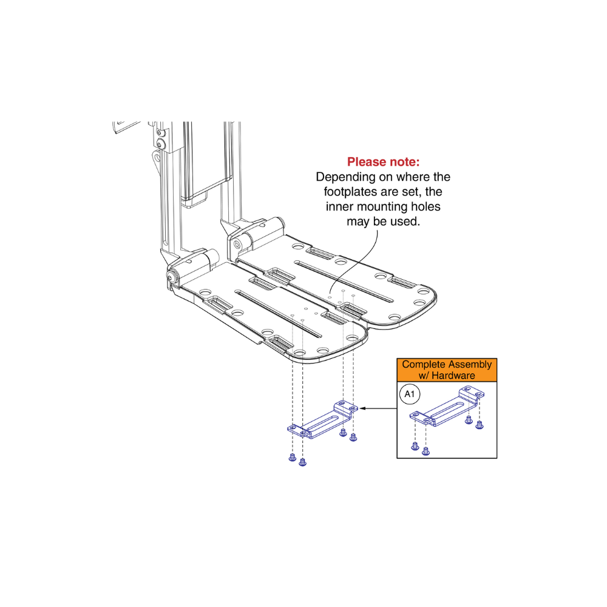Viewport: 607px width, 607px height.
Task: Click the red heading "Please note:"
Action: click(x=383, y=162)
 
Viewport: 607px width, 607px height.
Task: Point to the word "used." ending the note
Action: click(x=405, y=222)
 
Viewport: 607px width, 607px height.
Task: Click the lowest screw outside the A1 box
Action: click(x=303, y=462)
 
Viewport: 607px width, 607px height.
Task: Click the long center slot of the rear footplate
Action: click(x=346, y=280)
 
